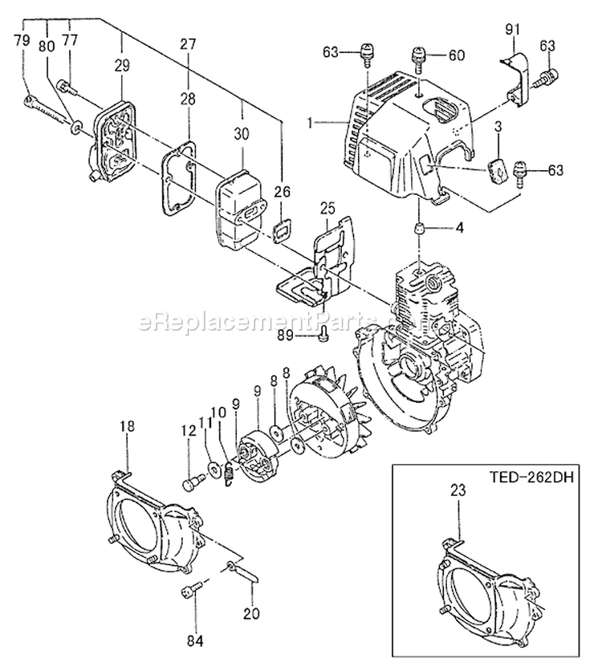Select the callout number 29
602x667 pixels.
(121, 67)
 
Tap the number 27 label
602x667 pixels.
(188, 44)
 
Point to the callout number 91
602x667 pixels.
(513, 31)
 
